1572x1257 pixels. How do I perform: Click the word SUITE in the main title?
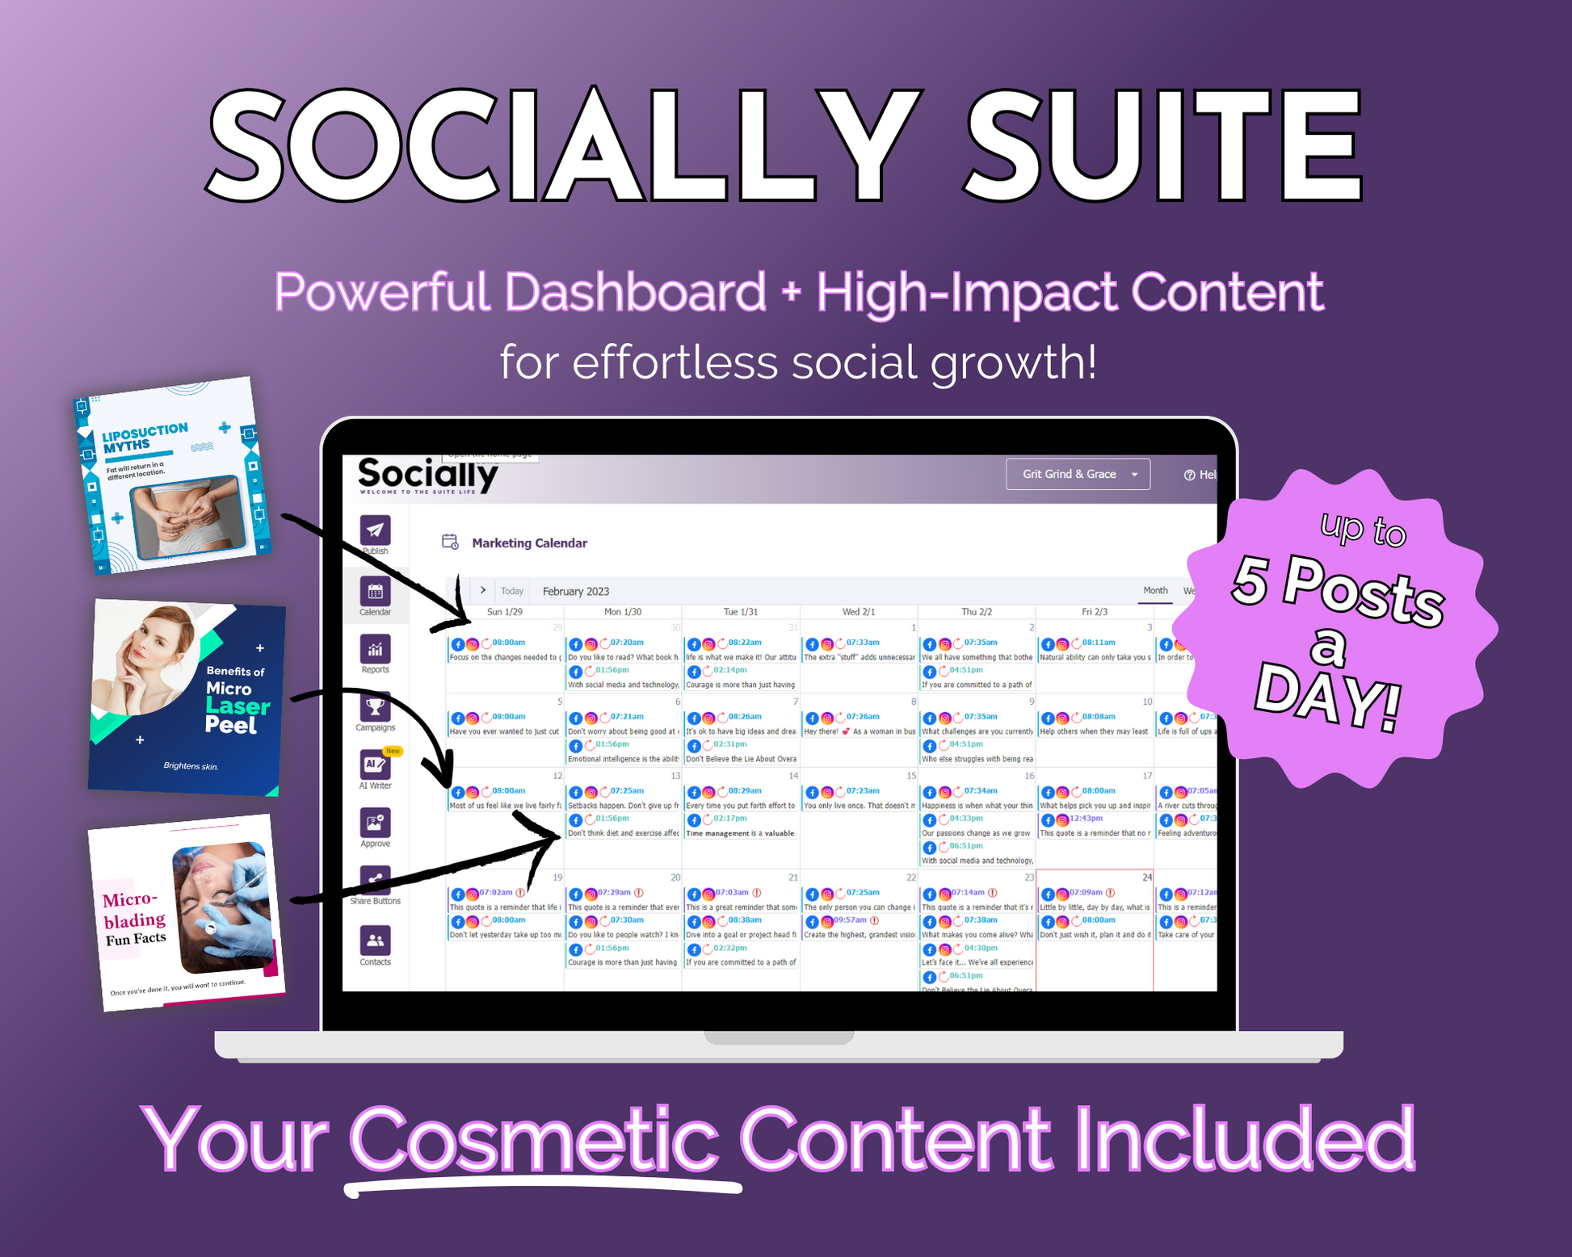(1163, 145)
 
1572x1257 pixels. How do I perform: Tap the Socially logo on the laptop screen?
(427, 475)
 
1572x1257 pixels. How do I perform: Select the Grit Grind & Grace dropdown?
(1078, 474)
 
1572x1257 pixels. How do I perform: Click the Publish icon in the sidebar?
(375, 530)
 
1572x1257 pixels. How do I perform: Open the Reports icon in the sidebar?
(375, 649)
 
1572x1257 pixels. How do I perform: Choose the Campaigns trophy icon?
(375, 707)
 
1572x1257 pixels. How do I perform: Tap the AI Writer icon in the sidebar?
(374, 765)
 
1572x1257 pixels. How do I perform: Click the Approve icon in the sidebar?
(375, 823)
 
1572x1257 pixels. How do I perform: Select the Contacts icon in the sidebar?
(375, 941)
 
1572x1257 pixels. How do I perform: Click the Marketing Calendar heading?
(529, 543)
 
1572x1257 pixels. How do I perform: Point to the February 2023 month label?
(575, 591)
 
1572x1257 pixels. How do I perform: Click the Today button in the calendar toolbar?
(512, 591)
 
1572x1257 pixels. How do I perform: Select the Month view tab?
(1155, 590)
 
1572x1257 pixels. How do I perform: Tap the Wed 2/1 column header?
(859, 612)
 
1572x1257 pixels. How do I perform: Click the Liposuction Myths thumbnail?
(172, 476)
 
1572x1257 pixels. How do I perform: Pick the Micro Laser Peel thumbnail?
(187, 697)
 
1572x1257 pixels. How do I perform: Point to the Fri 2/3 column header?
(1095, 612)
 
